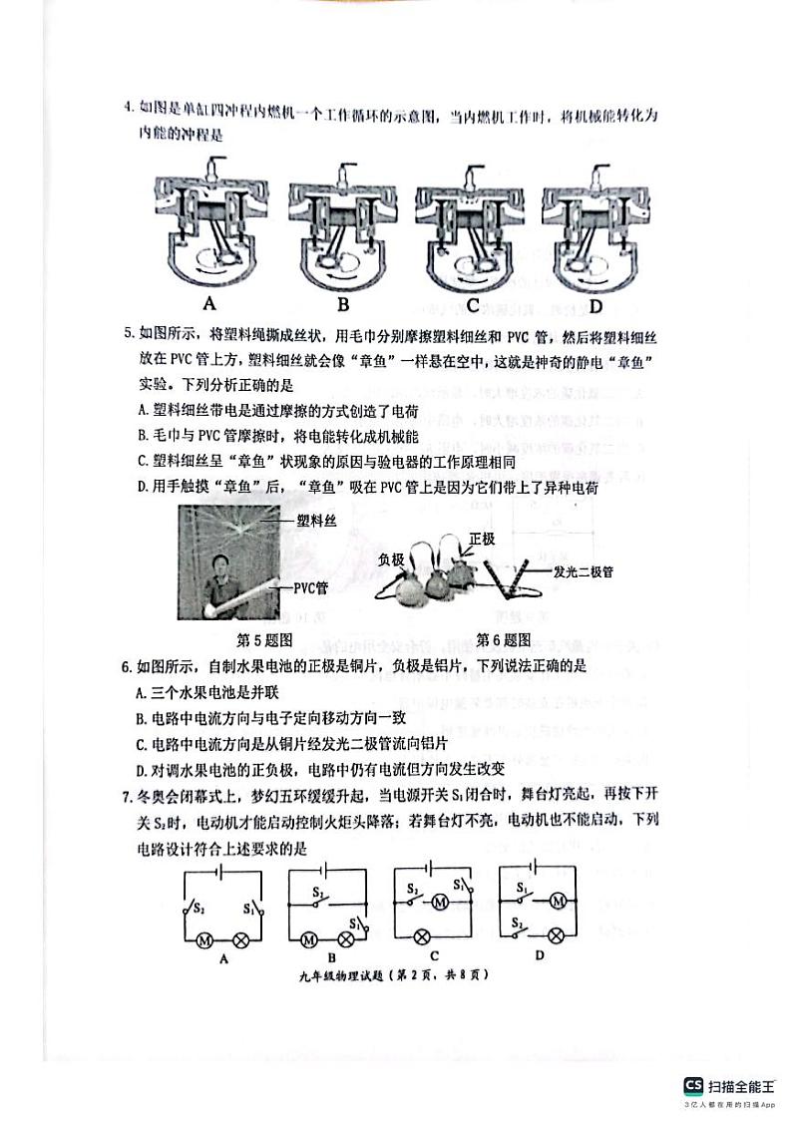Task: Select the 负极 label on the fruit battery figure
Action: coord(397,560)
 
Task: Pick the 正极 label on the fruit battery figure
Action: coord(482,539)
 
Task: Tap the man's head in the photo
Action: coord(221,560)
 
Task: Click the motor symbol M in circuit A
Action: coord(204,939)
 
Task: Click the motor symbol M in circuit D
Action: coord(559,901)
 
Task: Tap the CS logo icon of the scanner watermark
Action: coord(692,1086)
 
